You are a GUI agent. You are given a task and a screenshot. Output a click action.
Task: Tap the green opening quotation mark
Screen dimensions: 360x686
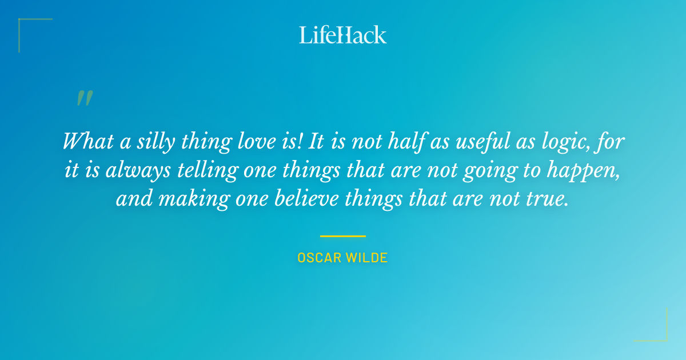84,98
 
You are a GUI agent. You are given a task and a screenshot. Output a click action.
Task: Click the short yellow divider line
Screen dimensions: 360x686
343,235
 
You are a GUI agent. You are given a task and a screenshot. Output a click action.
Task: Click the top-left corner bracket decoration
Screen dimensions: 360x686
26,26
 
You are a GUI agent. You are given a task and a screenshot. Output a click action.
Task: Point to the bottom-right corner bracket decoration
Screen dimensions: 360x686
660,334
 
